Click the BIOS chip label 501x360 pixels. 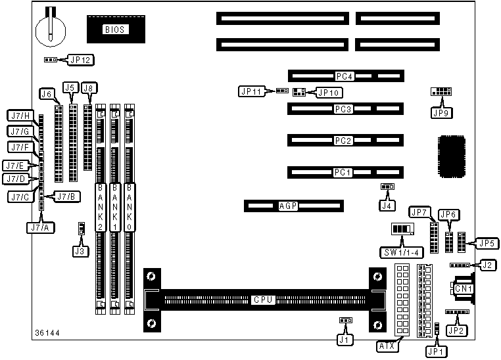point(116,29)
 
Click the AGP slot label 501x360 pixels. point(289,206)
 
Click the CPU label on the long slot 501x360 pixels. point(262,300)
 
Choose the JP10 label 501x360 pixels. point(327,93)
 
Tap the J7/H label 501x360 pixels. point(20,117)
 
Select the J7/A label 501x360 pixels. point(39,227)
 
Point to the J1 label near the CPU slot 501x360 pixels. point(343,340)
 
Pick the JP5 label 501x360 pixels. point(487,244)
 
